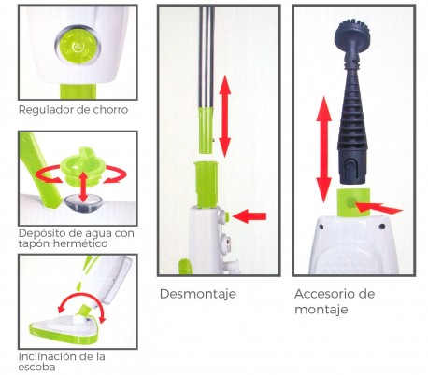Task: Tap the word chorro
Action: [x=107, y=110]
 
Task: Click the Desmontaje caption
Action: [x=196, y=295]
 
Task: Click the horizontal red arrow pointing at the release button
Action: [x=249, y=216]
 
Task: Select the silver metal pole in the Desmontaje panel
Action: [x=204, y=56]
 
